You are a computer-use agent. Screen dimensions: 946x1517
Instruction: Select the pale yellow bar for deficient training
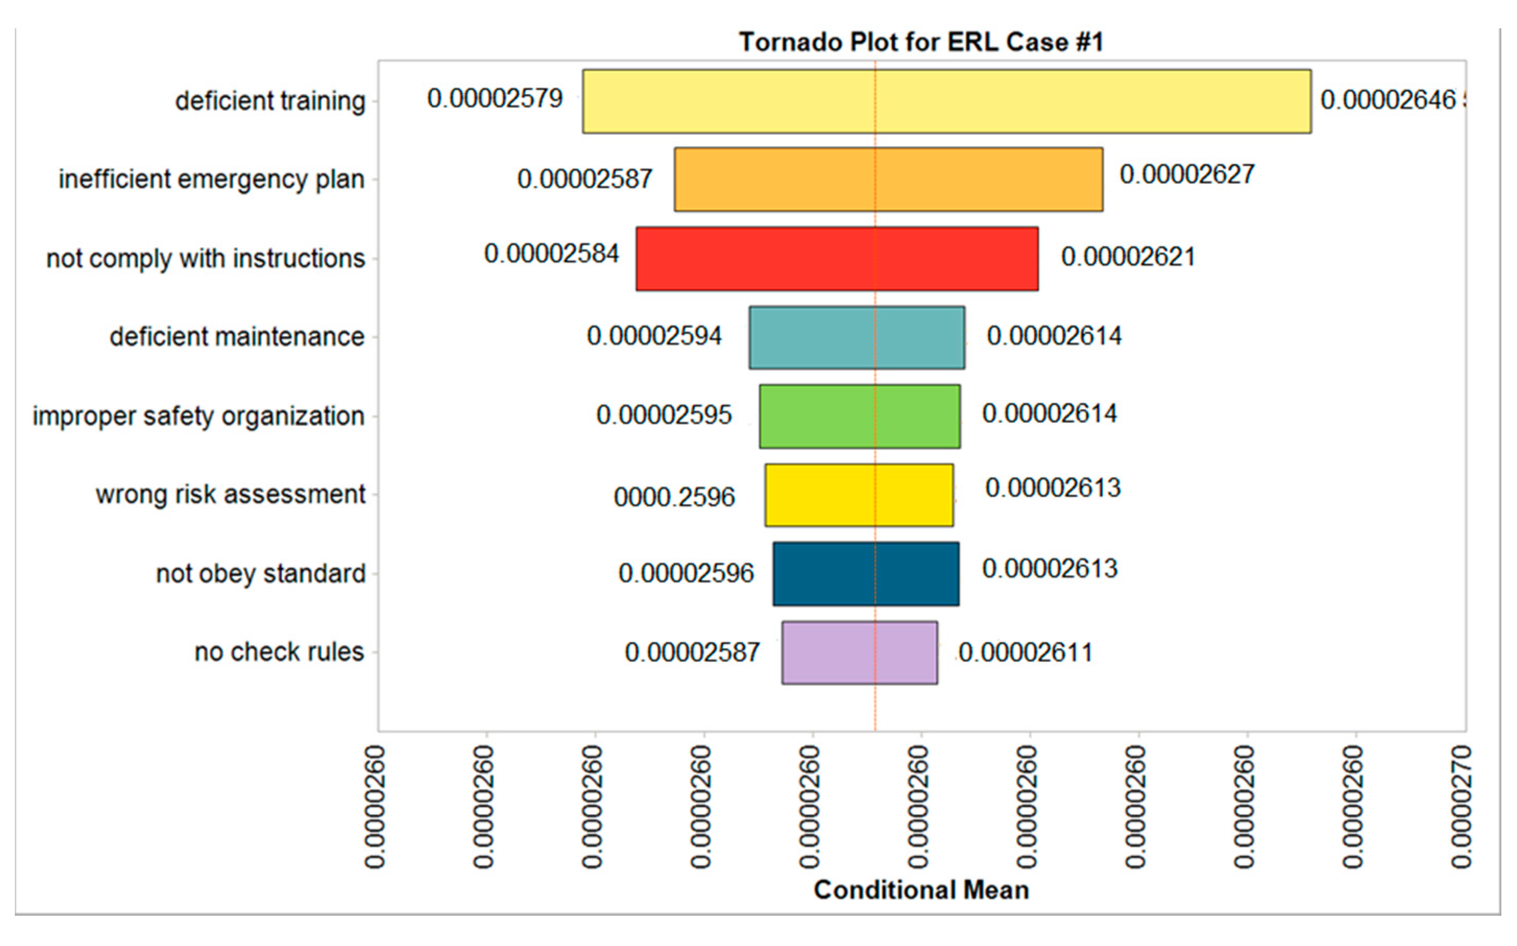pyautogui.click(x=946, y=101)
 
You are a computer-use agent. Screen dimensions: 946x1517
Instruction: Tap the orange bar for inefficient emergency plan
pyautogui.click(x=888, y=179)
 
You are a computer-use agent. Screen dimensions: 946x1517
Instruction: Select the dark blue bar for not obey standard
pyautogui.click(x=866, y=574)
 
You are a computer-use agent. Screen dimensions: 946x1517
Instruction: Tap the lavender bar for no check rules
pyautogui.click(x=859, y=653)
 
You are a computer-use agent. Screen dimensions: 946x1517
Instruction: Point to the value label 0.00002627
pyautogui.click(x=1187, y=175)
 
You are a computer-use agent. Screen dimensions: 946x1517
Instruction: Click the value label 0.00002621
pyautogui.click(x=1128, y=257)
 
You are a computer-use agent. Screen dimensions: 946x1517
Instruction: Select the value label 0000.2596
pyautogui.click(x=674, y=497)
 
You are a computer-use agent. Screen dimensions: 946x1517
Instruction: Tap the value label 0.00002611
pyautogui.click(x=1026, y=653)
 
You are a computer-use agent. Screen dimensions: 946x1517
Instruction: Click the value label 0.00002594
pyautogui.click(x=654, y=336)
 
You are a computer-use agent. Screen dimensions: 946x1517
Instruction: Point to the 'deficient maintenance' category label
pyautogui.click(x=237, y=337)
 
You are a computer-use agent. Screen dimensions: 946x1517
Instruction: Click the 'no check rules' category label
pyautogui.click(x=279, y=652)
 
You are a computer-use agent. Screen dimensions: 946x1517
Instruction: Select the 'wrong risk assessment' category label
pyautogui.click(x=230, y=494)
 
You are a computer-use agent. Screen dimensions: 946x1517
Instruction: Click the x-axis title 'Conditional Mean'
pyautogui.click(x=921, y=890)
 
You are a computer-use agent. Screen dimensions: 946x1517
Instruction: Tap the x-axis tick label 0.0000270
pyautogui.click(x=1461, y=807)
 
